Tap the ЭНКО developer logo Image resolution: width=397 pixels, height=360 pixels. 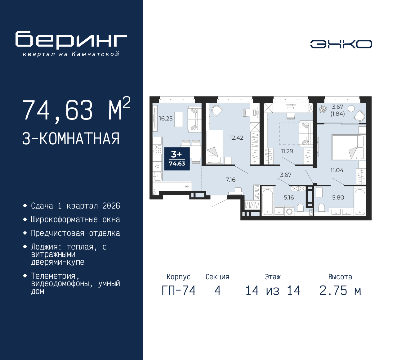341,44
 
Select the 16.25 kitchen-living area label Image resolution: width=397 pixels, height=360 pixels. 166,119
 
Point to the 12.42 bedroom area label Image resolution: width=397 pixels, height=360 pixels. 236,137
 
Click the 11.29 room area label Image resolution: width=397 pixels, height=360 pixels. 287,151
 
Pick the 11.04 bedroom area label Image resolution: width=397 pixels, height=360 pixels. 337,170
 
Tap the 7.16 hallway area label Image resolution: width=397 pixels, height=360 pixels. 230,180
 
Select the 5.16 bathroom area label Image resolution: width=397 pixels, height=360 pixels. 289,197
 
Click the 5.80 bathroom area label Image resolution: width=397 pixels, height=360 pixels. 338,197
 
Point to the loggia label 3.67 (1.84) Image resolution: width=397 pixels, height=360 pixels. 337,110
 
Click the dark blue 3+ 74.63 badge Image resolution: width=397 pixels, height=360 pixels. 177,159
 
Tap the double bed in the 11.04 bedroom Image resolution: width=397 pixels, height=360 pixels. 349,147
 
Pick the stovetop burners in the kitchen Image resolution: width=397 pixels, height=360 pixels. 158,149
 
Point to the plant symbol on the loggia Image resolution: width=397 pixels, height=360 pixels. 323,109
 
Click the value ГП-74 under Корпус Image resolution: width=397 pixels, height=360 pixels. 179,290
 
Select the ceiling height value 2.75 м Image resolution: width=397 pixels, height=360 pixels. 340,290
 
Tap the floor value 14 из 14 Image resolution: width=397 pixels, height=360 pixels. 273,290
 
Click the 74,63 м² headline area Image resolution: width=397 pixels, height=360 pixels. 77,109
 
